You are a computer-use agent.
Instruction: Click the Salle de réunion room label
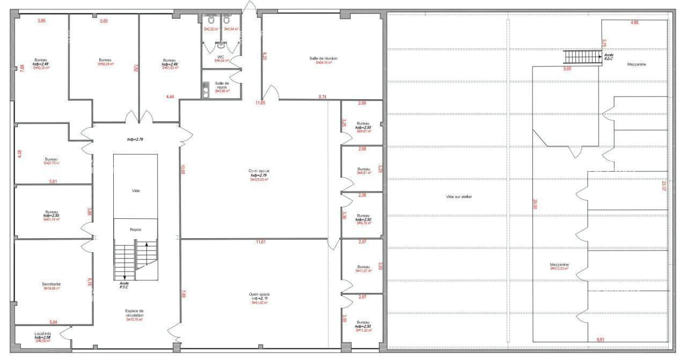[323, 58]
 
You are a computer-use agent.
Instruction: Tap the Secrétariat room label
[51, 284]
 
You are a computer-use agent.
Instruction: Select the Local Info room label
[42, 334]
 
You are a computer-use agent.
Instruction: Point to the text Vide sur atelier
[459, 197]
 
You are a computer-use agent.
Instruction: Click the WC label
[221, 56]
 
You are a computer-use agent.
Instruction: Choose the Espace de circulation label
[134, 313]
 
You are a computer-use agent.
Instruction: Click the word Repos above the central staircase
[135, 229]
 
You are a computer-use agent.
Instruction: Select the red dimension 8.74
[323, 97]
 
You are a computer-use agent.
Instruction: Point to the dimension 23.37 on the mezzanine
[664, 186]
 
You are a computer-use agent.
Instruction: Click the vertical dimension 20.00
[535, 204]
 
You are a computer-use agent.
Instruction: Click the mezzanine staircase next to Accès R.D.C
[581, 56]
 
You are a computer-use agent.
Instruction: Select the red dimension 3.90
[41, 20]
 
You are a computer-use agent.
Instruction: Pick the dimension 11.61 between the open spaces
[261, 243]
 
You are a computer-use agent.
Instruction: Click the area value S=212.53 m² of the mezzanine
[559, 269]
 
